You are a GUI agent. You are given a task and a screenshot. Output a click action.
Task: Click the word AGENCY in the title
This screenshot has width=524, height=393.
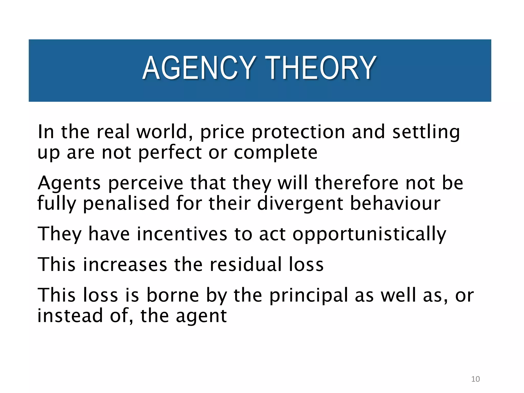[x=199, y=68]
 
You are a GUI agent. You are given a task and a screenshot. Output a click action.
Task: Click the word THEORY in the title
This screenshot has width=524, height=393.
[x=320, y=68]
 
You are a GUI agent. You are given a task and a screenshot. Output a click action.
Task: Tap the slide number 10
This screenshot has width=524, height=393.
[x=475, y=379]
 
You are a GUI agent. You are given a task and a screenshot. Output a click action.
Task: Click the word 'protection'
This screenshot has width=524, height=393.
[x=298, y=133]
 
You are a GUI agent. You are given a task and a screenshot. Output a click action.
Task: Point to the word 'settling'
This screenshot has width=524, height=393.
[x=426, y=133]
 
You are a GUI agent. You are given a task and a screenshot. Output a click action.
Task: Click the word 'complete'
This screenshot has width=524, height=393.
[x=276, y=153]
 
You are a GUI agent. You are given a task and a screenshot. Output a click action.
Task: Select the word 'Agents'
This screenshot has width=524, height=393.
[x=69, y=183]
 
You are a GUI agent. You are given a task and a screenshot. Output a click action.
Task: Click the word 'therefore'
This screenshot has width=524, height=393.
[x=356, y=183]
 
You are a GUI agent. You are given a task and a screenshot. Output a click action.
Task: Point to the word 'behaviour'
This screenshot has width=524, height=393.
[x=395, y=203]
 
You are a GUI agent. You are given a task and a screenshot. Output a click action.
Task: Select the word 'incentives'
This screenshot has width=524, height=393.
[x=182, y=234]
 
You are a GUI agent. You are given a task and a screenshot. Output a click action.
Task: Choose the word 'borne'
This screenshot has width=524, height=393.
[x=172, y=295]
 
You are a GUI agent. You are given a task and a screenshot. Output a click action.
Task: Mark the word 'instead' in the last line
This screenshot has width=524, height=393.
[x=70, y=315]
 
